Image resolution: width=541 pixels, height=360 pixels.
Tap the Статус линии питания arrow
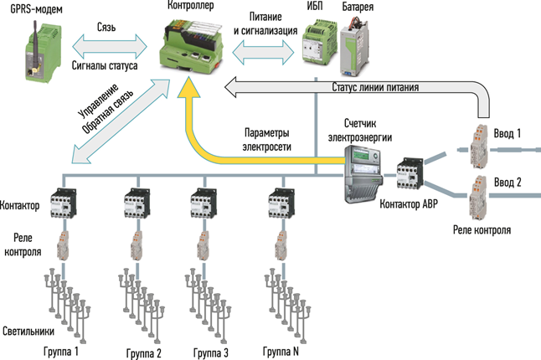point(368,86)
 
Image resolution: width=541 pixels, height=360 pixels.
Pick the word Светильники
point(24,330)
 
